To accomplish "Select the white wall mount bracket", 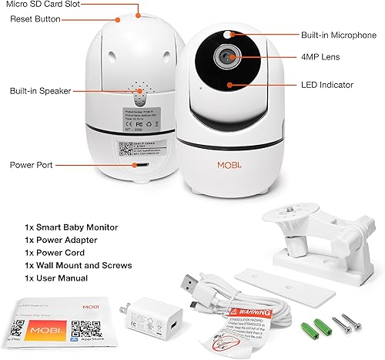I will click(316, 232).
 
